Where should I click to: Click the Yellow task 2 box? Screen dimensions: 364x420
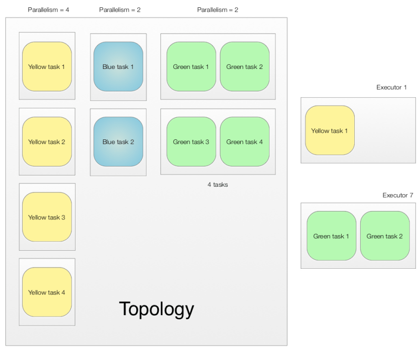click(x=47, y=142)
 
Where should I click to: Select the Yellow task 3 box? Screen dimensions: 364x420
click(x=47, y=217)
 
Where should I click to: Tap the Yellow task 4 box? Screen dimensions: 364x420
click(x=47, y=292)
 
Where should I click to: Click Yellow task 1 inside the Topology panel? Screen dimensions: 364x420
click(x=47, y=67)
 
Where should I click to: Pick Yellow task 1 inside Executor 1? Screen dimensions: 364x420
click(x=330, y=130)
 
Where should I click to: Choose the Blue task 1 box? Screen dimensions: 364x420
click(x=118, y=67)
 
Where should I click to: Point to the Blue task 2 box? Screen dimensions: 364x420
click(x=118, y=142)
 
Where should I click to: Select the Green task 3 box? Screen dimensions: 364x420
click(x=191, y=142)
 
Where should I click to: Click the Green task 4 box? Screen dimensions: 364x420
click(x=244, y=142)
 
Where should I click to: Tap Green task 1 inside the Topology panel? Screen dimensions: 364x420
click(x=191, y=67)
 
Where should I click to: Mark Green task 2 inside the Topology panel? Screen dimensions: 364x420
click(x=244, y=67)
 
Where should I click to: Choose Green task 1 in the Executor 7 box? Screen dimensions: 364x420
click(x=331, y=236)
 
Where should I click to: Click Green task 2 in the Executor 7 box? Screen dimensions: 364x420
click(x=385, y=236)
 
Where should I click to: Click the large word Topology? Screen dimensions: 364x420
click(x=157, y=309)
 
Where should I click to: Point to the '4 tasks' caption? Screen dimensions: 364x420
click(x=218, y=185)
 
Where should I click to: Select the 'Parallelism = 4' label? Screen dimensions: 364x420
click(x=48, y=10)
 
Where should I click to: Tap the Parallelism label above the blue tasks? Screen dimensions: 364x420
click(x=120, y=10)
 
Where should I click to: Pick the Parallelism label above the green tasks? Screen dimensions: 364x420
click(x=218, y=10)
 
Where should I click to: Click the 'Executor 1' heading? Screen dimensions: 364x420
click(x=392, y=87)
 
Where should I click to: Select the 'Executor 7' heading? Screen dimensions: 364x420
click(x=397, y=195)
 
